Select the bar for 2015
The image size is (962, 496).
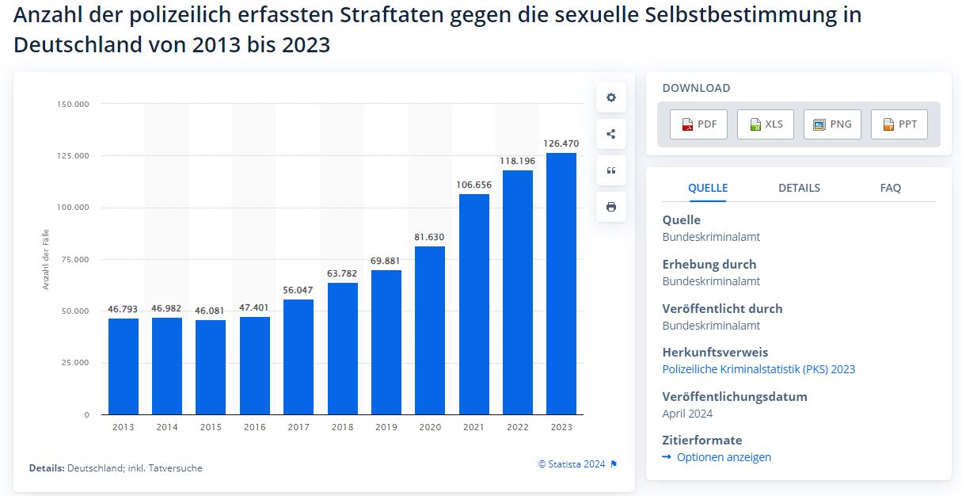(x=211, y=367)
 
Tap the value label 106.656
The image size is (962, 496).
(x=473, y=185)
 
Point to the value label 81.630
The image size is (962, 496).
(x=430, y=237)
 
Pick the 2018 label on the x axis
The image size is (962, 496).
(x=342, y=427)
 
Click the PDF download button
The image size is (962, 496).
(x=698, y=124)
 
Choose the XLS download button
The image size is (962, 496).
(x=765, y=124)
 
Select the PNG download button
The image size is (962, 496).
(x=832, y=124)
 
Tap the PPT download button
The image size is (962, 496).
(x=899, y=124)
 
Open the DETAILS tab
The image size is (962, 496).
(x=799, y=188)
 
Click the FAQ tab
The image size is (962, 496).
(x=890, y=188)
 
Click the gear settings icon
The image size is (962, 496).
(x=610, y=97)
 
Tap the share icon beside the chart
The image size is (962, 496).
(x=610, y=134)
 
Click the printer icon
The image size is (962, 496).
(x=610, y=207)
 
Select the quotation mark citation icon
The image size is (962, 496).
(x=610, y=170)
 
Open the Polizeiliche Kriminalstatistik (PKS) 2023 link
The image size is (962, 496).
(x=759, y=369)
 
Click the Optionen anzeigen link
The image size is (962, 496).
(x=723, y=457)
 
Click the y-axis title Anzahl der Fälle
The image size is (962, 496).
(x=46, y=258)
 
